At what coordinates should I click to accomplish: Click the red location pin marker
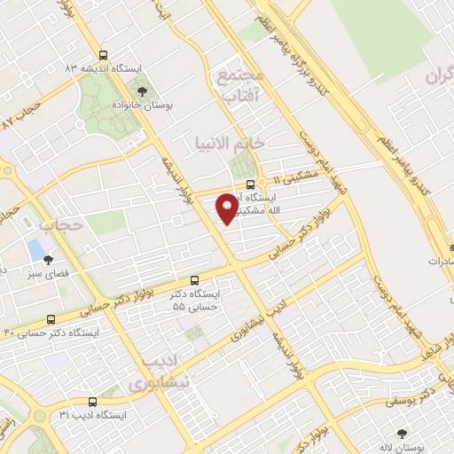point(228,207)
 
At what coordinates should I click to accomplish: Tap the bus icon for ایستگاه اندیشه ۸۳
point(105,53)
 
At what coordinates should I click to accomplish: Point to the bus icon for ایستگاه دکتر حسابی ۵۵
point(195,279)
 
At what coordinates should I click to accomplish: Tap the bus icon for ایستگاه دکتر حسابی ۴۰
point(50,318)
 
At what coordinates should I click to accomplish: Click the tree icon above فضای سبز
point(49,259)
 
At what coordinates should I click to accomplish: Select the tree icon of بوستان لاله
point(403,434)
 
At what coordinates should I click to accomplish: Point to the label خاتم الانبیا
point(230,142)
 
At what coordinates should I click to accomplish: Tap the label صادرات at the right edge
point(434,262)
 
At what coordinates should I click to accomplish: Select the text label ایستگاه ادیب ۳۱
point(93,414)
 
